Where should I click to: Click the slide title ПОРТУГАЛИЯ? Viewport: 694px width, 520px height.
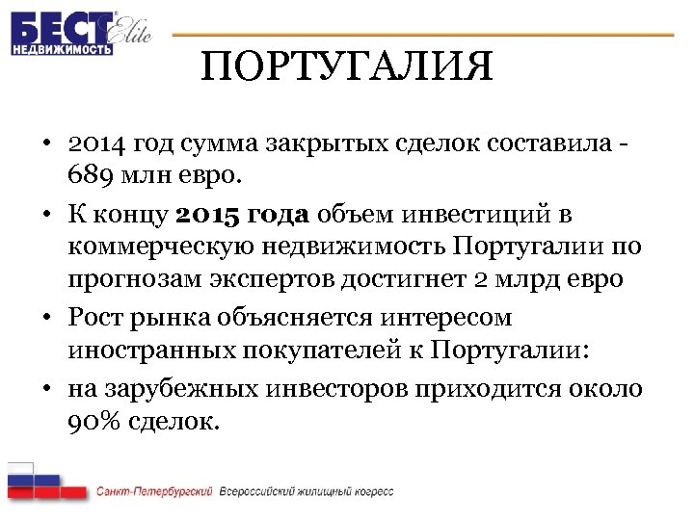tap(347, 67)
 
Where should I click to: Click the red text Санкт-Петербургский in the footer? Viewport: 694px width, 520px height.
tap(154, 492)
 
